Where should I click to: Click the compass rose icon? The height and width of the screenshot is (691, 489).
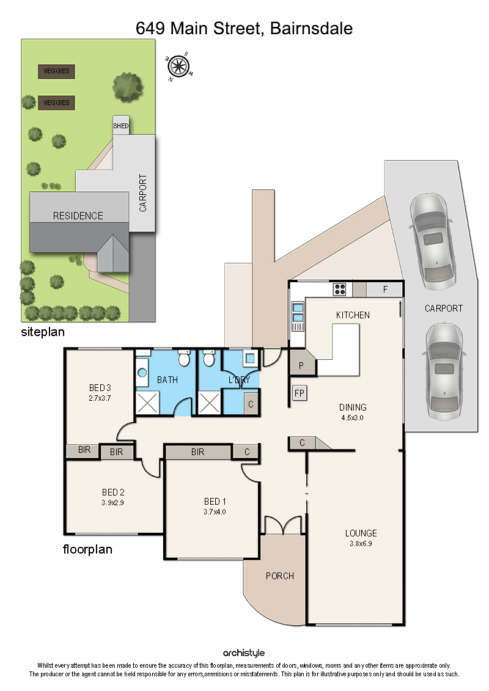coord(178,67)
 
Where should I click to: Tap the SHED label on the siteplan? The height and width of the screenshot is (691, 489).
coord(121,126)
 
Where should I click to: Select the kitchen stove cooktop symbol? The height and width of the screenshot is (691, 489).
coord(339,289)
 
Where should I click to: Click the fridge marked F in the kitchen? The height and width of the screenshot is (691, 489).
coord(385,290)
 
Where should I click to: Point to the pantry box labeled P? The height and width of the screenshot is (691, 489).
coord(301,365)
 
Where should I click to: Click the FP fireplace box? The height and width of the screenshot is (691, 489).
coord(300,393)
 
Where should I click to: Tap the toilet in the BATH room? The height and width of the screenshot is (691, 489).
coord(184,358)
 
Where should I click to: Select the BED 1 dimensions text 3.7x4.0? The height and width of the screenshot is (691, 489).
coord(215,511)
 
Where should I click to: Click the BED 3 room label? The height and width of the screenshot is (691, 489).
coord(100,388)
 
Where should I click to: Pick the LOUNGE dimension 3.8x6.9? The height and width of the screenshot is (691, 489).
coord(361,543)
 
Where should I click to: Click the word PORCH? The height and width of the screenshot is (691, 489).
coord(279,576)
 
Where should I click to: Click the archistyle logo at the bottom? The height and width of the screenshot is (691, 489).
coord(244,653)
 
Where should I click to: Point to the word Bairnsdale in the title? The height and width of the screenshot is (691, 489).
coord(311,28)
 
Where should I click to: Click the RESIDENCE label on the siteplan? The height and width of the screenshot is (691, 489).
coord(78,216)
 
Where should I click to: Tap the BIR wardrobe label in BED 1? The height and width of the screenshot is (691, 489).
coord(197,452)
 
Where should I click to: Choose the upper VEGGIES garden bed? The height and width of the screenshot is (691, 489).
coord(56,71)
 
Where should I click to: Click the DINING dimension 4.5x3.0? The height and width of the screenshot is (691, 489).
coord(352,418)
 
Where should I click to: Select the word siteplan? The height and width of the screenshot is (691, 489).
coord(43,332)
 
